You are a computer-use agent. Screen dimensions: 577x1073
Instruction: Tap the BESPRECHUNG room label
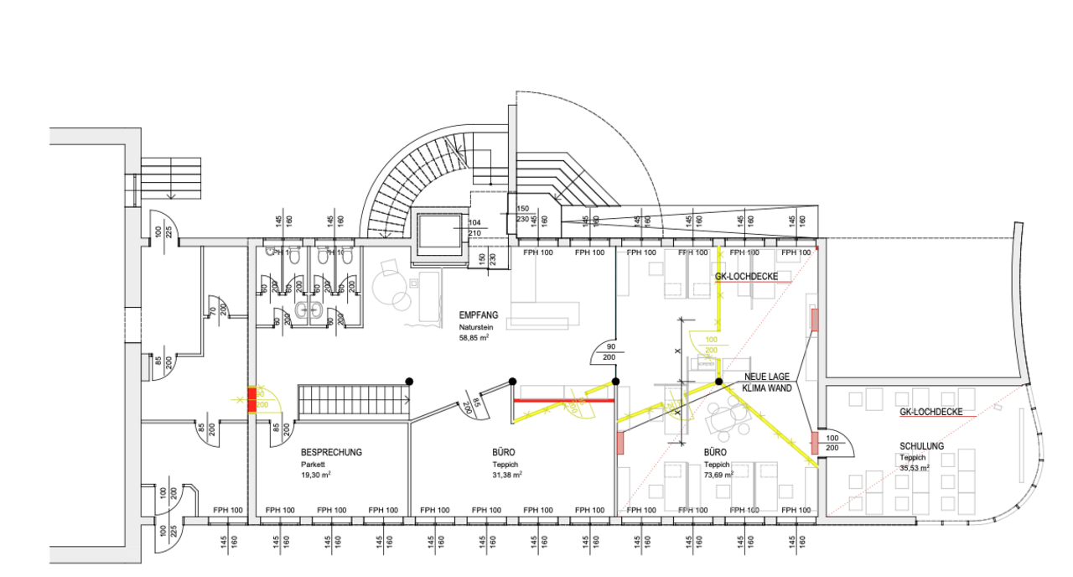point(331,452)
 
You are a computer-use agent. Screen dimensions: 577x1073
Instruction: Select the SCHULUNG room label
point(921,446)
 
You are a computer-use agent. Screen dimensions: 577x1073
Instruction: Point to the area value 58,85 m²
point(474,338)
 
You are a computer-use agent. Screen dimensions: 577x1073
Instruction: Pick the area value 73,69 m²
point(718,475)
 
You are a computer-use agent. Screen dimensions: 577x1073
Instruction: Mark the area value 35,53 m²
point(915,469)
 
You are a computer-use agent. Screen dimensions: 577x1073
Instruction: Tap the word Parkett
point(312,464)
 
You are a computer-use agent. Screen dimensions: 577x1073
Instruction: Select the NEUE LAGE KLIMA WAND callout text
point(765,382)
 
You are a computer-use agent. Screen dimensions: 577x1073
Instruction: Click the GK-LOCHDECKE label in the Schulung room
point(930,413)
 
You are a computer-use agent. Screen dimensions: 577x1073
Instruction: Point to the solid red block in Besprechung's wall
point(251,399)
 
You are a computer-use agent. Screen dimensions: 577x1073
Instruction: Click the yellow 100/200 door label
point(710,345)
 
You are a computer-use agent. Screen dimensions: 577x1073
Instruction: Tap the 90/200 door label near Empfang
point(611,352)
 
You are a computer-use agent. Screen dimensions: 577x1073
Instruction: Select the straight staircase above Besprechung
point(353,399)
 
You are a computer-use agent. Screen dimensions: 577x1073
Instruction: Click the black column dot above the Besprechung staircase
point(410,382)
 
